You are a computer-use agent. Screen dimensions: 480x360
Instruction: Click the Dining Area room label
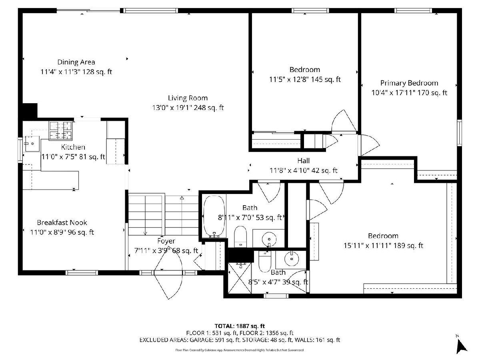[76, 62]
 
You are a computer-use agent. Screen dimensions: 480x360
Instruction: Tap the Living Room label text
[188, 98]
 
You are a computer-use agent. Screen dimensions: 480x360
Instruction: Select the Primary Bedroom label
[409, 83]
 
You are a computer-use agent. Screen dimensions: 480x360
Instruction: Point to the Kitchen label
[73, 147]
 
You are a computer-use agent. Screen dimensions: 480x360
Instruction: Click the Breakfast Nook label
[62, 222]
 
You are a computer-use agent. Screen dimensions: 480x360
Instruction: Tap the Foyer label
[166, 241]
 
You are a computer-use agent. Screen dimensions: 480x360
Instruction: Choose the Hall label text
[303, 161]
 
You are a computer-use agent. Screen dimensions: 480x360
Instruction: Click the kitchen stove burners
[60, 131]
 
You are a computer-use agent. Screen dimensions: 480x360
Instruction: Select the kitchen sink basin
[32, 144]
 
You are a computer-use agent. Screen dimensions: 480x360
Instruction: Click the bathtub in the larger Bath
[214, 216]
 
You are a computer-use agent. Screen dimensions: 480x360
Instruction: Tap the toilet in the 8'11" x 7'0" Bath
[240, 237]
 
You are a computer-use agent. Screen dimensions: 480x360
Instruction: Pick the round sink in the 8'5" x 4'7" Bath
[292, 259]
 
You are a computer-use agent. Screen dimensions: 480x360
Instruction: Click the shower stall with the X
[240, 278]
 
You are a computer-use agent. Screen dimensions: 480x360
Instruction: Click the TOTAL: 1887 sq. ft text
[240, 326]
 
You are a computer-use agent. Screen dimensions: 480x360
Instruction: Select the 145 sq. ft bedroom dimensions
[305, 79]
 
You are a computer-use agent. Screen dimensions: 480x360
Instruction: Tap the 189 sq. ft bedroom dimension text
[383, 246]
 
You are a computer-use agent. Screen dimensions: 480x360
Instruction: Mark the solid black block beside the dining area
[30, 111]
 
